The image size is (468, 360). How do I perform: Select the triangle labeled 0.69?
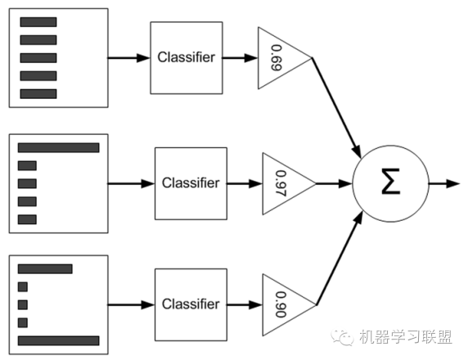(x=281, y=58)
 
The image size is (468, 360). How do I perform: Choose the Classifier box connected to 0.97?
(x=191, y=182)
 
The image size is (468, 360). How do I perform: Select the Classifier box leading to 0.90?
(x=191, y=304)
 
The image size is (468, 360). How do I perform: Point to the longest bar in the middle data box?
(x=58, y=147)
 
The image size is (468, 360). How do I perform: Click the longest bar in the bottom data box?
(x=58, y=340)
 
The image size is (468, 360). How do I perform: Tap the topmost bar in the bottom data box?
(x=45, y=268)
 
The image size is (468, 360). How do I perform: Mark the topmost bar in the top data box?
(x=38, y=22)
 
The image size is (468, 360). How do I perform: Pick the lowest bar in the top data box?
(x=38, y=94)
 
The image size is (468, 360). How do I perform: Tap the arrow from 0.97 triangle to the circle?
(x=334, y=182)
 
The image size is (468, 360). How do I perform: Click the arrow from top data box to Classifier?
(x=128, y=58)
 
